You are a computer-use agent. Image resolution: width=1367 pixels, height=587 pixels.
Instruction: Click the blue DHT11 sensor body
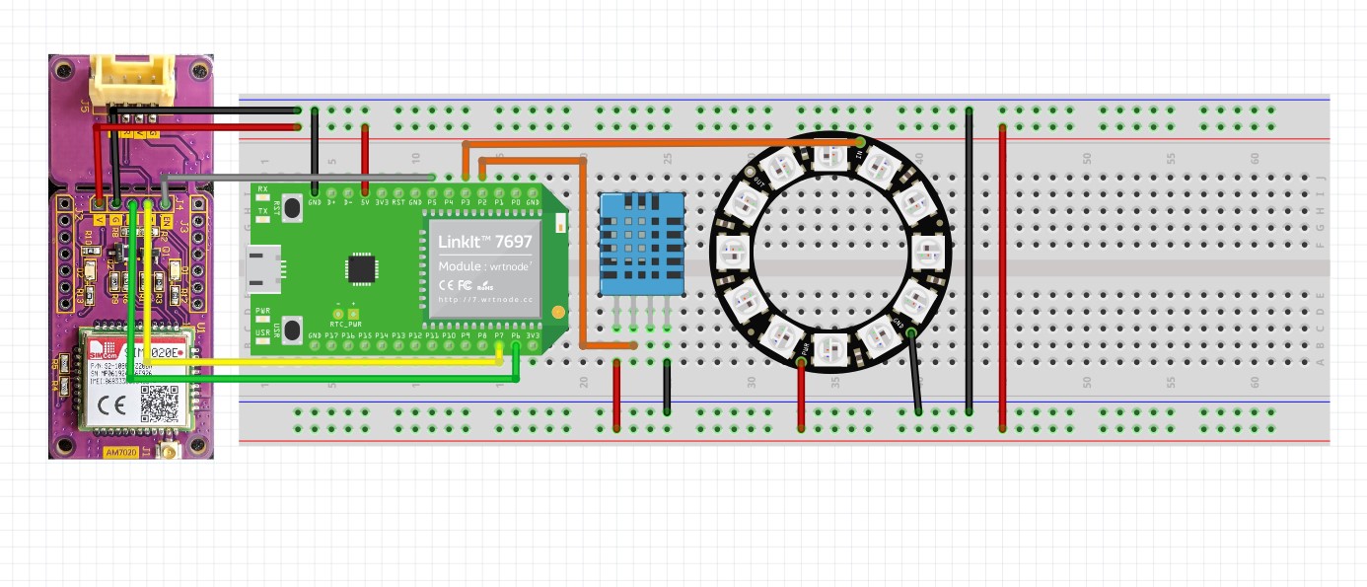click(x=641, y=242)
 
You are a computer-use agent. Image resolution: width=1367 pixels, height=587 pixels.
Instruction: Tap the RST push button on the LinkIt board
click(x=291, y=208)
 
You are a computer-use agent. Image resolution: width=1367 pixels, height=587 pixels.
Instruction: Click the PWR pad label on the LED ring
click(x=807, y=347)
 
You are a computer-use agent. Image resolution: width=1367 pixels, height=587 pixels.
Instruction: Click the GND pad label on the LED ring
click(x=898, y=322)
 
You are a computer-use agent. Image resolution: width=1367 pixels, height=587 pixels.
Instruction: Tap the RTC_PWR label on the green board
click(x=344, y=324)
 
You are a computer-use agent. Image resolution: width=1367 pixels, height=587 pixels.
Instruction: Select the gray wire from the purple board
click(x=296, y=177)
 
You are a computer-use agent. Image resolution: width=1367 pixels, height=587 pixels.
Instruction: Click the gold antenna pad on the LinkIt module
click(x=558, y=312)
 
